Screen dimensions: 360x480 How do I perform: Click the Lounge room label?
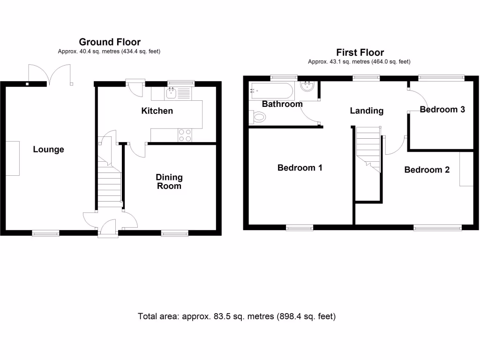click(48, 150)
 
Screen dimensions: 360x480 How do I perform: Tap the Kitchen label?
click(157, 111)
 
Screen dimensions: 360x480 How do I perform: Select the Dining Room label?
click(169, 181)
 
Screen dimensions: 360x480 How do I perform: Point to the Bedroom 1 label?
click(300, 167)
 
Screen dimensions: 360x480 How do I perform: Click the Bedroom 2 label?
click(427, 170)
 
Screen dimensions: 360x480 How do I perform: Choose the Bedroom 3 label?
click(442, 109)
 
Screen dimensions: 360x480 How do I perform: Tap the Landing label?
click(367, 111)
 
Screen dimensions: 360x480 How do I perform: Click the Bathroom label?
click(282, 104)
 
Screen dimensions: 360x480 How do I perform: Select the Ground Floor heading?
click(110, 42)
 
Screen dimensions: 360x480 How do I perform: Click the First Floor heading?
click(360, 52)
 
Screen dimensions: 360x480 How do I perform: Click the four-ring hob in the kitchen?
click(185, 135)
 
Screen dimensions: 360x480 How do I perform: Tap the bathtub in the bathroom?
click(271, 90)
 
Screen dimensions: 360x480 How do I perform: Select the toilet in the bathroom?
click(257, 117)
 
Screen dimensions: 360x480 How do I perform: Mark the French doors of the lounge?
click(50, 74)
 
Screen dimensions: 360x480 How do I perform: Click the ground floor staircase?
click(110, 183)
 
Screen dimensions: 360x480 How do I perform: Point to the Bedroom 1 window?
click(300, 228)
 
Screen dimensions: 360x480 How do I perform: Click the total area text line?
click(237, 316)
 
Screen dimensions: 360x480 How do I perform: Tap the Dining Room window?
click(175, 232)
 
